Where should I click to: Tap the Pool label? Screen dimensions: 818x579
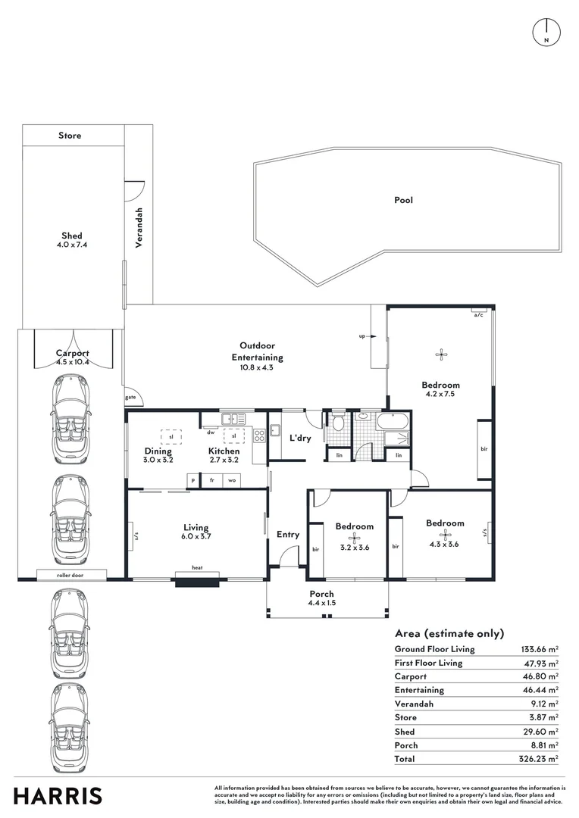pos(403,201)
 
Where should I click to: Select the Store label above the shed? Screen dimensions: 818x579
pos(70,136)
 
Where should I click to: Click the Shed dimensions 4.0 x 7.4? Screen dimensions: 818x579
pos(72,245)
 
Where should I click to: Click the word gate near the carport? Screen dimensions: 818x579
pos(131,397)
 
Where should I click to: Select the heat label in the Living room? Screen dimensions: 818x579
pos(197,567)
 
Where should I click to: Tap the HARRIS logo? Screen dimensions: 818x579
pos(58,796)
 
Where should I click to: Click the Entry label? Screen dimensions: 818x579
pos(288,535)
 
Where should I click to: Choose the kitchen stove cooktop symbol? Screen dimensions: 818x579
pos(259,435)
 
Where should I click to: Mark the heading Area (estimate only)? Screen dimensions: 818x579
pos(449,633)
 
